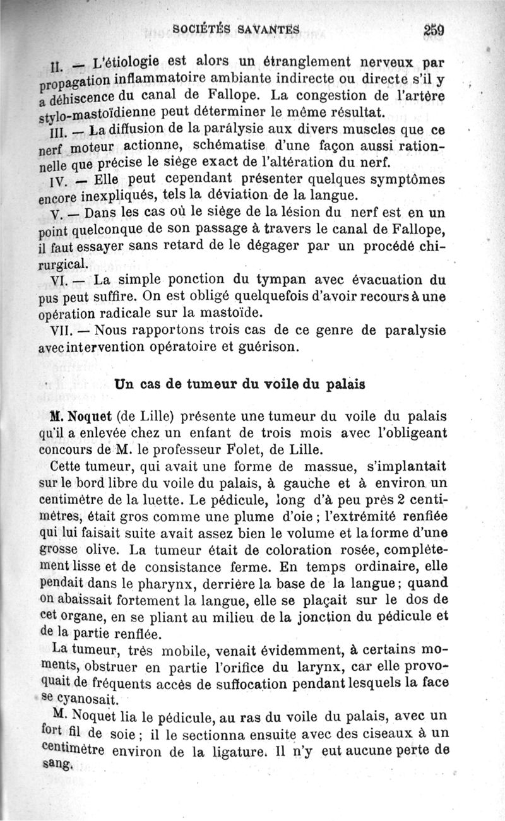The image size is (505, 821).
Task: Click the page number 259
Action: tap(436, 29)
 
